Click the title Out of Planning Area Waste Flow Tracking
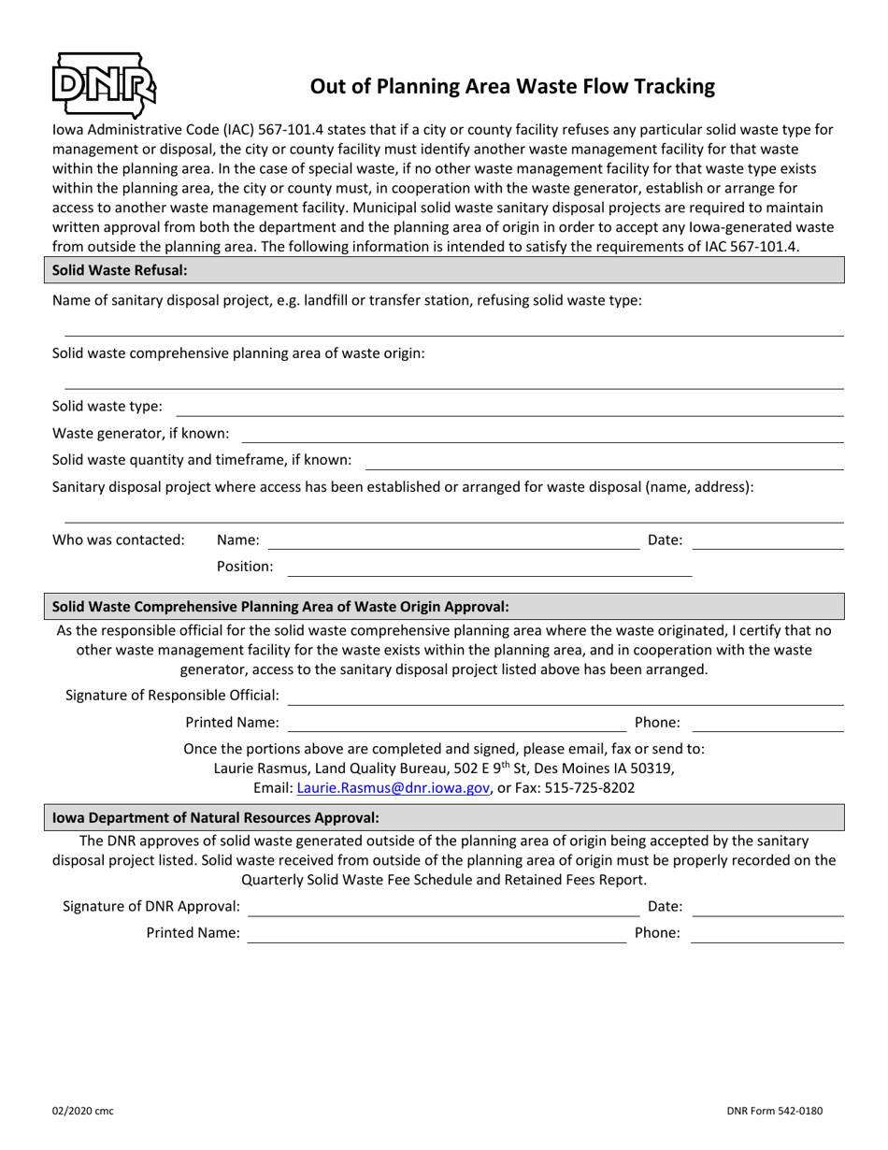click(512, 87)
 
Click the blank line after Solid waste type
click(509, 408)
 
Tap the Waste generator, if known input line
click(542, 434)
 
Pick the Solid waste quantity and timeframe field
click(604, 461)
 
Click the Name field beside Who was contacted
click(453, 540)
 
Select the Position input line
click(489, 568)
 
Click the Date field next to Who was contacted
click(767, 540)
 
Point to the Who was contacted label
click(119, 539)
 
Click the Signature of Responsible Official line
click(566, 696)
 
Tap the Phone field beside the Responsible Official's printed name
click(767, 723)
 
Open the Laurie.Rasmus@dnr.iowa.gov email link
click(394, 788)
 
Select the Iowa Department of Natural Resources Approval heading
click(216, 817)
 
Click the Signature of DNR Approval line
click(443, 907)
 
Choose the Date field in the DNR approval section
click(767, 907)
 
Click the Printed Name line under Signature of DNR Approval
click(437, 933)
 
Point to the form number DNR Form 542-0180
click(775, 1112)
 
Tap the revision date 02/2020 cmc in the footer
click(84, 1112)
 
